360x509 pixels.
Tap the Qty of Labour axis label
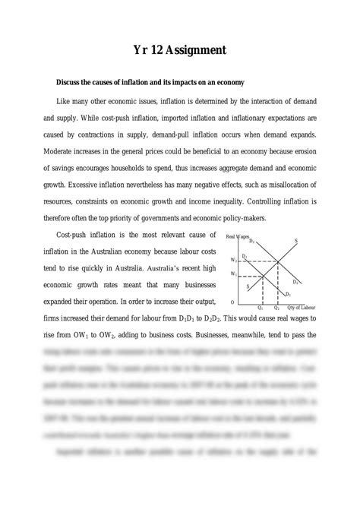[302, 306]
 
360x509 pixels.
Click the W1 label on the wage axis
[235, 273]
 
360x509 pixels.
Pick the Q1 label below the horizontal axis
[261, 306]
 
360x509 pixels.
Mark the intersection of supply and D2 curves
[277, 261]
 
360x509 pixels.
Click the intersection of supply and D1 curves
[263, 274]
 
